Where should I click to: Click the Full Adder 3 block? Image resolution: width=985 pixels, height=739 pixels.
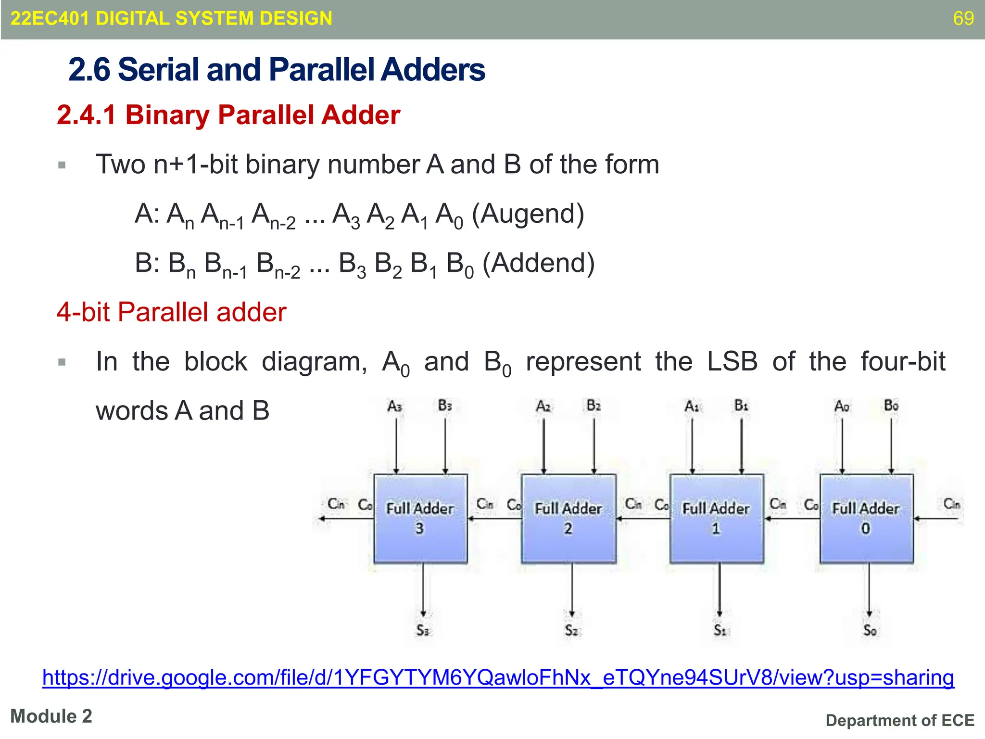420,519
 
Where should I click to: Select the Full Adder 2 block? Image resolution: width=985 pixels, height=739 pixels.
568,519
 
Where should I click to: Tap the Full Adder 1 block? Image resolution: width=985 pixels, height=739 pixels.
717,519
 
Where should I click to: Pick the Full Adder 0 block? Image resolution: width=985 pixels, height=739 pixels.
866,519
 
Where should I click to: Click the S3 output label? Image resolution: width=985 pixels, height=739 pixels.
423,630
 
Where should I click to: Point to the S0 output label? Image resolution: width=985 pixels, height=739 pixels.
870,630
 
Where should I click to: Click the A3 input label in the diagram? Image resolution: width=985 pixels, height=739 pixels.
395,407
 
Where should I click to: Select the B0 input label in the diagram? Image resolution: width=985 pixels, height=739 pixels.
891,406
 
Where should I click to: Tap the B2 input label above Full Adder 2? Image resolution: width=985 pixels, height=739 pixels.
594,406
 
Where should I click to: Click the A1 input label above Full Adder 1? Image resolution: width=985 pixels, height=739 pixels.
692,407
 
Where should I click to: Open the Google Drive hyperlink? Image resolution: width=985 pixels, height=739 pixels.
498,677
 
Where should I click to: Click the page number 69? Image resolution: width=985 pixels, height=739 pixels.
963,18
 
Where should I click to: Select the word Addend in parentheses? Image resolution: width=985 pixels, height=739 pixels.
539,263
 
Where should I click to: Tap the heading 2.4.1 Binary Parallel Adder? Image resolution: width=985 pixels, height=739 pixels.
228,115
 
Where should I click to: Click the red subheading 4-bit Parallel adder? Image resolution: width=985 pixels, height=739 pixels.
171,312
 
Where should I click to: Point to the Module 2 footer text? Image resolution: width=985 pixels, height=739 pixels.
51,716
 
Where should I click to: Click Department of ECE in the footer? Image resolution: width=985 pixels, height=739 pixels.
900,720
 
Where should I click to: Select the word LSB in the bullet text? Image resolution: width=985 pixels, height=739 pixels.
732,361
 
